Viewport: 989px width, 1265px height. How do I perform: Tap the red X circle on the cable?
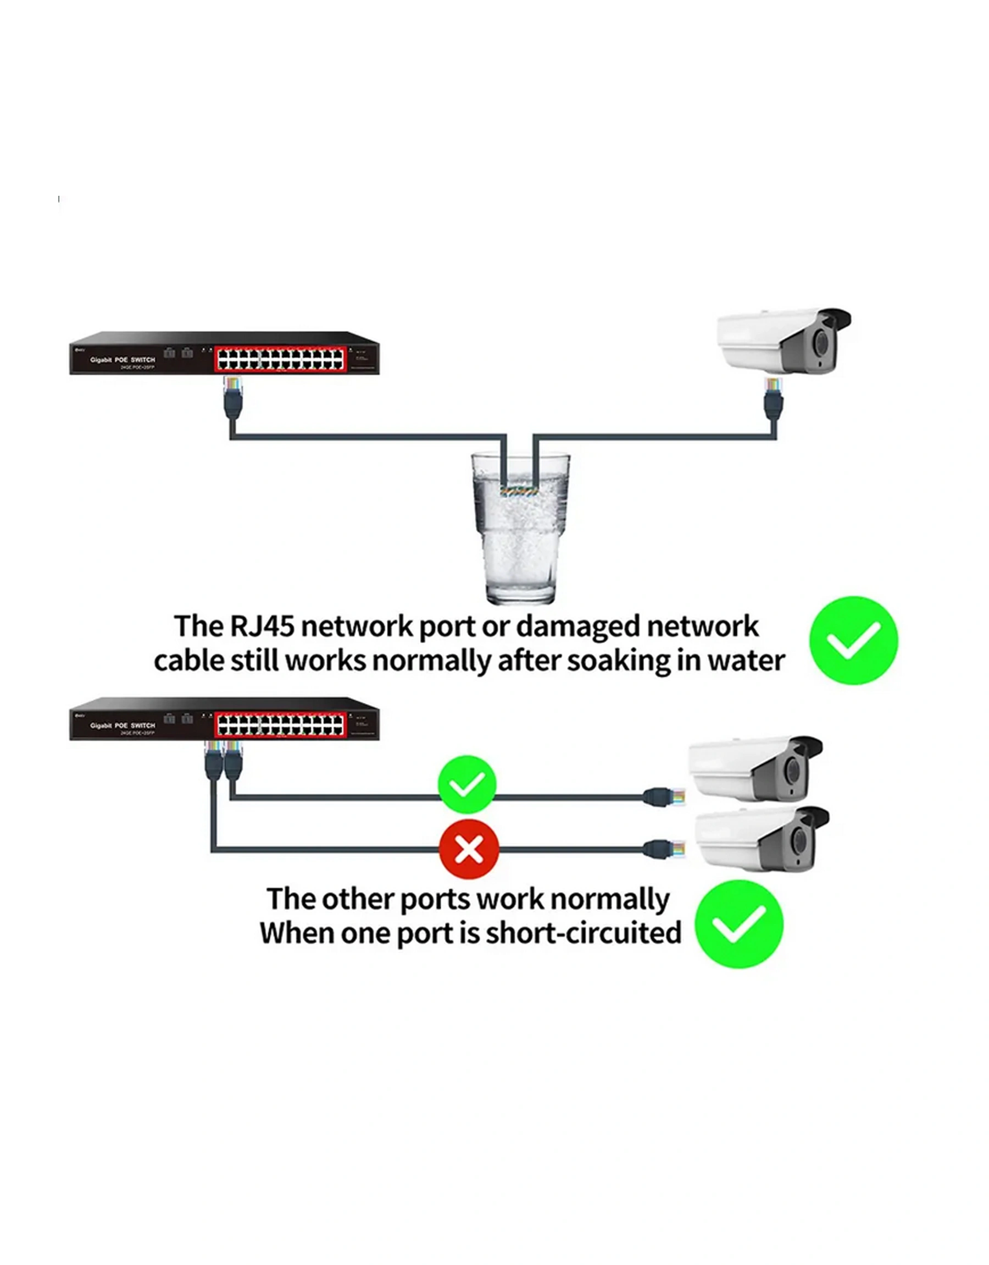click(x=469, y=850)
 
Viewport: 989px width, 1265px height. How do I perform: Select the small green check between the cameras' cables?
click(x=466, y=785)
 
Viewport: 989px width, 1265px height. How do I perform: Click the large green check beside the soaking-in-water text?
click(x=853, y=640)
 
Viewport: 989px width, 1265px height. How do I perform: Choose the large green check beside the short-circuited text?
click(x=739, y=924)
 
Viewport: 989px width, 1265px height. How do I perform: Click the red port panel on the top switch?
click(x=281, y=359)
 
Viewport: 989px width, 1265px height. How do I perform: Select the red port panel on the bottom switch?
click(x=281, y=725)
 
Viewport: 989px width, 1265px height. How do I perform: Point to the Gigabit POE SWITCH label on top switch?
click(x=123, y=360)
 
